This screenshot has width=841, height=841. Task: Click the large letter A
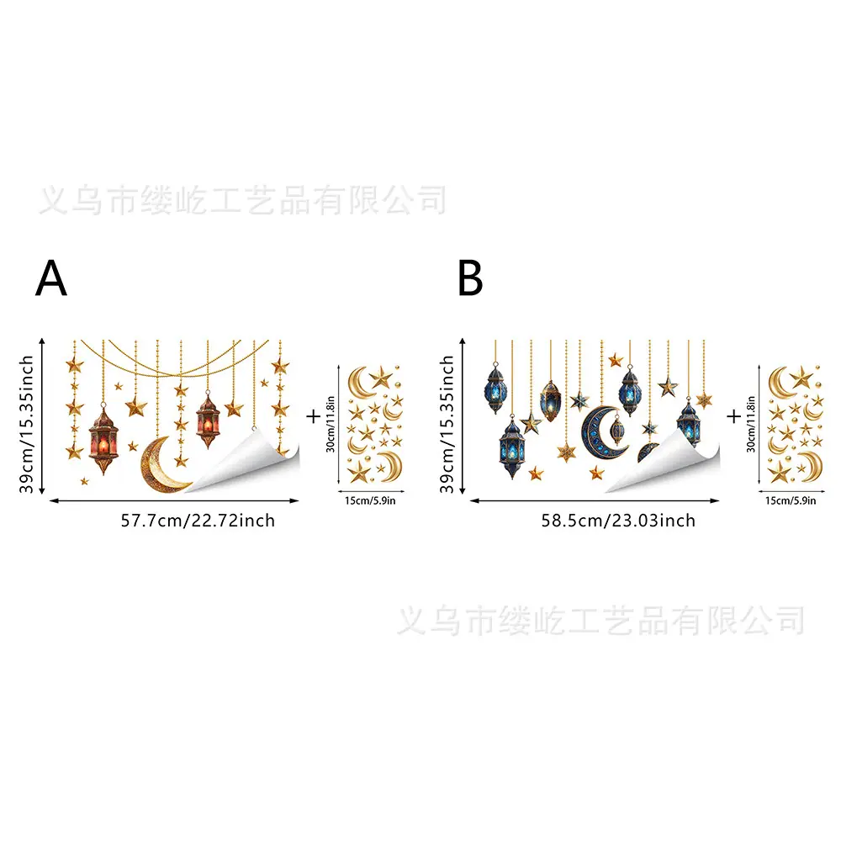[x=51, y=278]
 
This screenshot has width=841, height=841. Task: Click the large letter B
[x=470, y=278]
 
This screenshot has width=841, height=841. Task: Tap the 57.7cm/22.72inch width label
[x=198, y=521]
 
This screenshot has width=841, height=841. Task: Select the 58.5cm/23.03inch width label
[x=618, y=521]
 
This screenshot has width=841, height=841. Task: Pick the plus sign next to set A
[x=313, y=416]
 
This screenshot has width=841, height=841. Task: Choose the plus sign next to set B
[x=733, y=416]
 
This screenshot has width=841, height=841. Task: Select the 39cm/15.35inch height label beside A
[x=26, y=424]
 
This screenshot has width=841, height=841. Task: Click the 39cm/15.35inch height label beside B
[x=447, y=424]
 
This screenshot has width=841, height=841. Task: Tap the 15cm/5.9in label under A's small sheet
[x=370, y=500]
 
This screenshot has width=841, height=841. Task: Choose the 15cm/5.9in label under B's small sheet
[x=791, y=500]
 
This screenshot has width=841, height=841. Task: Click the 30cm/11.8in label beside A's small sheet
[x=331, y=424]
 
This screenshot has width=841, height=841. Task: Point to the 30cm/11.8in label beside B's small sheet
[x=751, y=424]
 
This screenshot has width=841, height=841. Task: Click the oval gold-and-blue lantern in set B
[x=550, y=401]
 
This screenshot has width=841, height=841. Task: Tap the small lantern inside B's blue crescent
[x=617, y=430]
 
